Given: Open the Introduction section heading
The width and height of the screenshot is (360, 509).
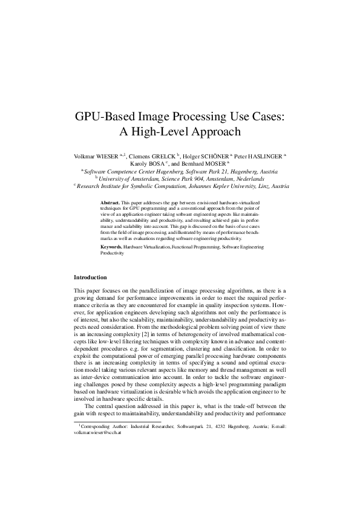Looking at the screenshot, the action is pos(90,277).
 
